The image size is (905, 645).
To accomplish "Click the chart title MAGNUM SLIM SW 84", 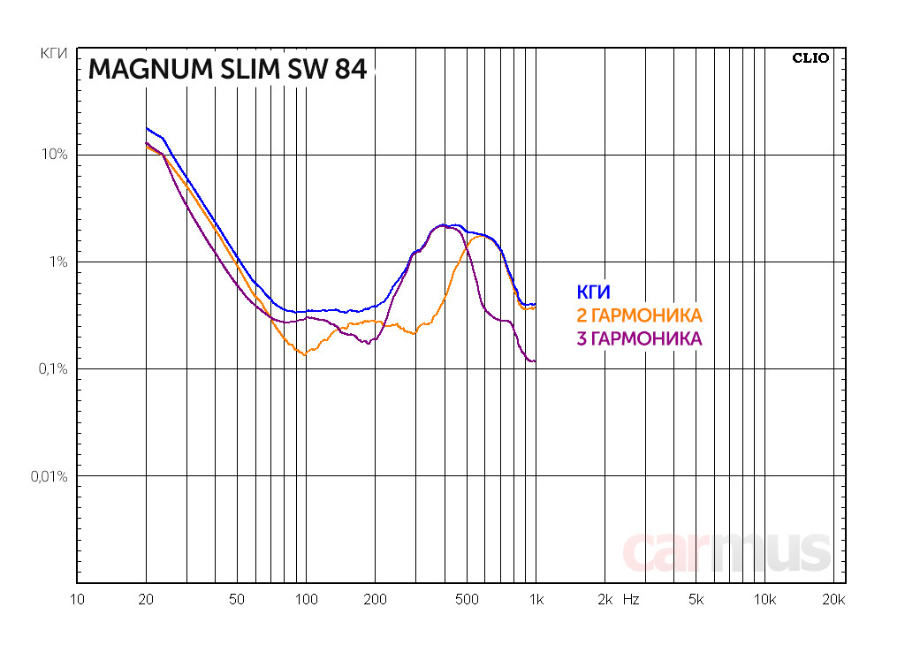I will (x=227, y=69).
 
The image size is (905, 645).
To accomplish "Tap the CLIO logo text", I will (x=810, y=58).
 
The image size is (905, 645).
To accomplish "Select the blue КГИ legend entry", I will (x=593, y=292).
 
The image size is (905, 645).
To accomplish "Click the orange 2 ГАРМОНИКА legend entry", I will (x=639, y=315).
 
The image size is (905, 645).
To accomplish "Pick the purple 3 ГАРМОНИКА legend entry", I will (x=639, y=338).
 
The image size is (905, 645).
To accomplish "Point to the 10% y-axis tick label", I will (x=55, y=156).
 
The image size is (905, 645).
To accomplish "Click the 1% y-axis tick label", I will (x=58, y=262).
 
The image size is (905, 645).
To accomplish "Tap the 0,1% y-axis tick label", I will (x=53, y=369).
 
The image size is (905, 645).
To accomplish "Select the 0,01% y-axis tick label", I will (x=49, y=476).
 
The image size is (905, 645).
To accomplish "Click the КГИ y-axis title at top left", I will (x=55, y=55).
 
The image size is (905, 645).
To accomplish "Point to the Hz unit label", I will (x=630, y=600).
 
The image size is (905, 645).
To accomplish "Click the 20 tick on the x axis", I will (x=146, y=600).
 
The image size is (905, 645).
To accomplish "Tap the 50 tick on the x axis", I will (x=236, y=600).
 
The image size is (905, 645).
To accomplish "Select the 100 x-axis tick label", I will (x=306, y=600).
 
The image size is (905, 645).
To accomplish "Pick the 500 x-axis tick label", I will (x=467, y=600).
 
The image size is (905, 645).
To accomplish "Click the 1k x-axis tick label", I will (x=536, y=600).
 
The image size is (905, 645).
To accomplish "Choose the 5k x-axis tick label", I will (x=696, y=600).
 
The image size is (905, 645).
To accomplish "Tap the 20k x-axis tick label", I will (x=833, y=600).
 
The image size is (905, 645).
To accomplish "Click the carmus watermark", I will (x=726, y=552).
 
